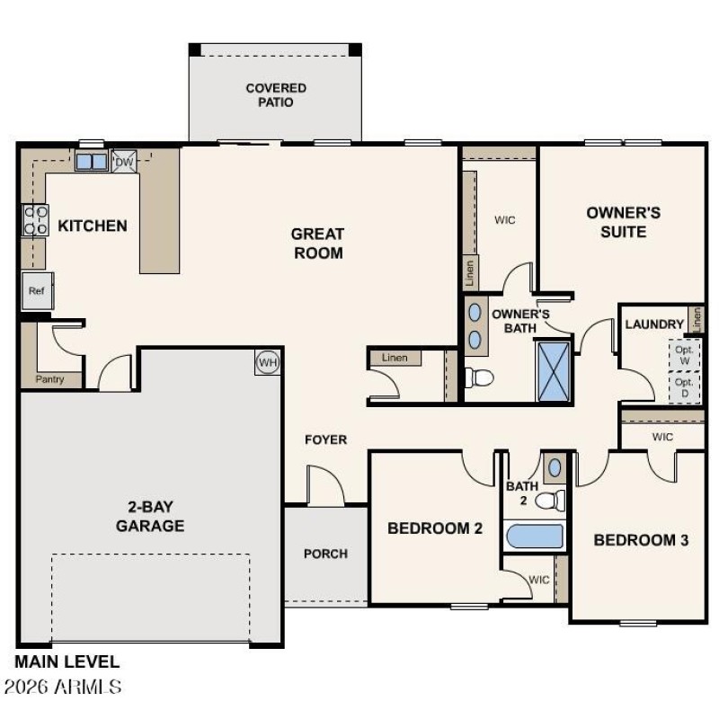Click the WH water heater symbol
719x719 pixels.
pyautogui.click(x=267, y=362)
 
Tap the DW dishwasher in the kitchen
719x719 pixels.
pyautogui.click(x=123, y=162)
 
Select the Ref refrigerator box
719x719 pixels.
pyautogui.click(x=36, y=291)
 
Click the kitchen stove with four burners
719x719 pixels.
pyautogui.click(x=35, y=220)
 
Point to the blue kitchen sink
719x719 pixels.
pyautogui.click(x=91, y=162)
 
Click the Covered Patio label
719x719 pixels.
pyautogui.click(x=276, y=95)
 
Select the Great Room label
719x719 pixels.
pyautogui.click(x=317, y=244)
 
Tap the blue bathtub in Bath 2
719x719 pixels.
pyautogui.click(x=535, y=537)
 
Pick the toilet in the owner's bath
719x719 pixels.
pyautogui.click(x=478, y=377)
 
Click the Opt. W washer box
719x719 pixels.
pyautogui.click(x=685, y=353)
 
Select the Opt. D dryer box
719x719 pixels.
pyautogui.click(x=685, y=386)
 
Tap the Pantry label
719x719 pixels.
pyautogui.click(x=50, y=380)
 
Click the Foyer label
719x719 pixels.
pyautogui.click(x=325, y=439)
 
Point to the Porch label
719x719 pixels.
pyautogui.click(x=325, y=554)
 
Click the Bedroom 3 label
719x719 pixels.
pyautogui.click(x=641, y=540)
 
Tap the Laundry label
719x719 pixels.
pyautogui.click(x=655, y=324)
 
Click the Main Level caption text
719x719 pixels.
pyautogui.click(x=67, y=662)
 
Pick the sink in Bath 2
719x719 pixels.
pyautogui.click(x=555, y=467)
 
